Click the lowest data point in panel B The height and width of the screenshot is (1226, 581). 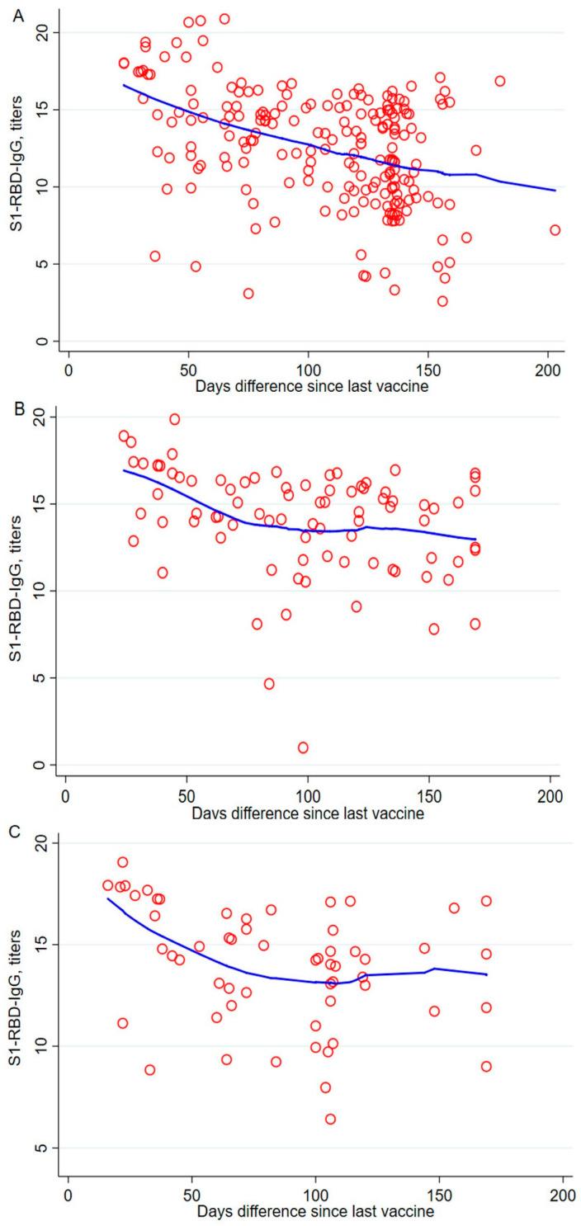point(303,747)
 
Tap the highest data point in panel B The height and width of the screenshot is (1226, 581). point(174,419)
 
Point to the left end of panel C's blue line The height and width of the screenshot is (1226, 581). point(108,898)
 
